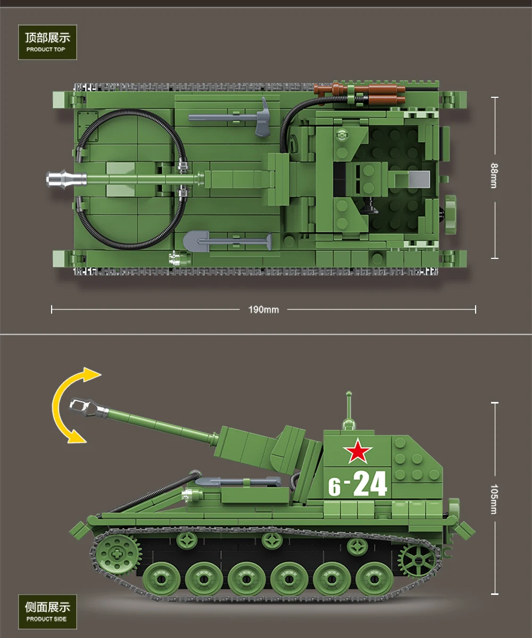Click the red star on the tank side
[358, 451]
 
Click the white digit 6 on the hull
[334, 487]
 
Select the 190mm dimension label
[263, 309]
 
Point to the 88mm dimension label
[494, 175]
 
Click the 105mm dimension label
[494, 499]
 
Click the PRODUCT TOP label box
[48, 42]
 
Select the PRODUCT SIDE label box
[48, 611]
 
